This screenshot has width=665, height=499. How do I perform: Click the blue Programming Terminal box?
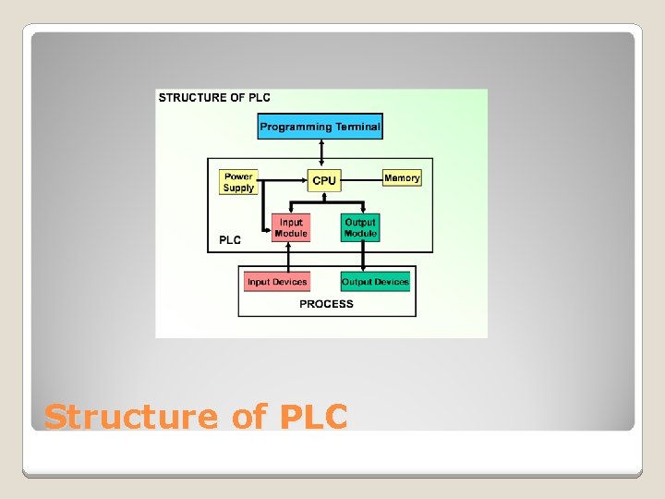coord(320,127)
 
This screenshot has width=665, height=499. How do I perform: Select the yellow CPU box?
coord(324,180)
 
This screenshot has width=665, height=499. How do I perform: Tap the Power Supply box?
coord(238,182)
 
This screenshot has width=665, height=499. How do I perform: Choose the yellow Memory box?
coord(402,177)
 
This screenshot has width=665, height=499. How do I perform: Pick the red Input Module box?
coord(291,228)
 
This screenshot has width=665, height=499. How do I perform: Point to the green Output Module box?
coord(360,228)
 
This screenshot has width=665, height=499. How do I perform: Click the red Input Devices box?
coord(277,282)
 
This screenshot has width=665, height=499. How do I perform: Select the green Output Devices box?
coord(375,282)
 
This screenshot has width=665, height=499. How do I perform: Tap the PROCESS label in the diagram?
coord(326,304)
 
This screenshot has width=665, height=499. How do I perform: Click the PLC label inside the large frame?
coord(230,240)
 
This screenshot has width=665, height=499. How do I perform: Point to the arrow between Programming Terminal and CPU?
coord(317,154)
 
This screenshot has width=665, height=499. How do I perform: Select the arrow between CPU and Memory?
coord(362,177)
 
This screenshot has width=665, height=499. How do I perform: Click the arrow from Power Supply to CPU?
coord(282,177)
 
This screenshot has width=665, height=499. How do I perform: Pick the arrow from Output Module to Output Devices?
coord(359,256)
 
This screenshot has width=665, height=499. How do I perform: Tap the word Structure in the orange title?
coord(130,417)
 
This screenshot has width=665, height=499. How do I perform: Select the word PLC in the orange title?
coord(310,417)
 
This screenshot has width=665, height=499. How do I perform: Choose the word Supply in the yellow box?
coord(238,188)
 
